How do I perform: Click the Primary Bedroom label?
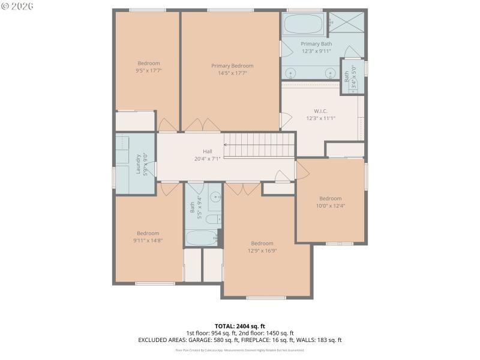[x=232, y=66]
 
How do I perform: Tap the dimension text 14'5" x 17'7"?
[x=232, y=73]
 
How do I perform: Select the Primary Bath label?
[x=316, y=44]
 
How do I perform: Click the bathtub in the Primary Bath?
[x=303, y=25]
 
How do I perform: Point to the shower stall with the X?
[x=346, y=23]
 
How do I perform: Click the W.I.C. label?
[x=320, y=111]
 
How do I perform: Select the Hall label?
[x=207, y=152]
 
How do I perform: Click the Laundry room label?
[x=138, y=164]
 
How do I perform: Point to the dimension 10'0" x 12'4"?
[x=330, y=206]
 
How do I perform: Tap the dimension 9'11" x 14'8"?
[x=148, y=241]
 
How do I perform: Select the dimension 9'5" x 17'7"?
[x=149, y=71]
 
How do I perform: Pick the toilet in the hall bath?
[x=212, y=219]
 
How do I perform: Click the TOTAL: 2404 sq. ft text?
[x=239, y=326]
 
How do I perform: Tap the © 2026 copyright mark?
[x=17, y=6]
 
